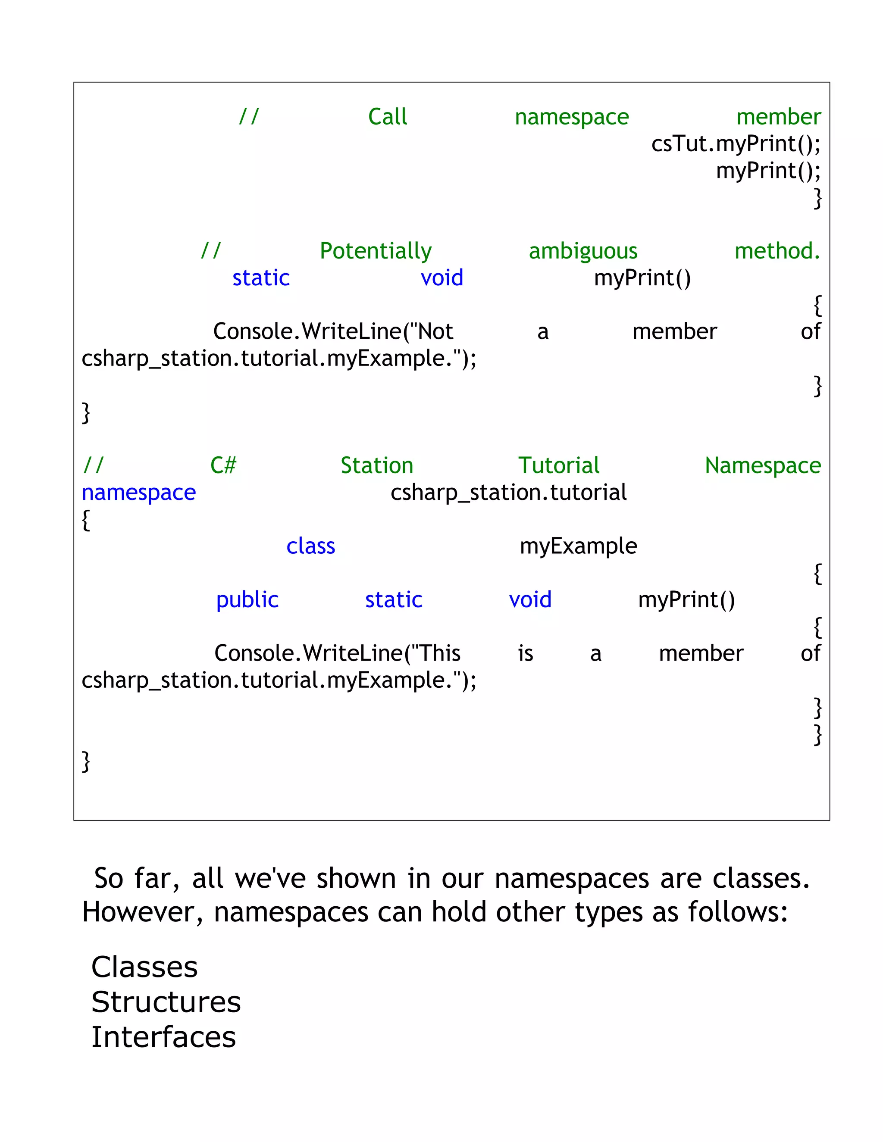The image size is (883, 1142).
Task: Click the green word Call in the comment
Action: (x=387, y=117)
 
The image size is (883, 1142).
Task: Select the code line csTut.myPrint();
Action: (x=736, y=144)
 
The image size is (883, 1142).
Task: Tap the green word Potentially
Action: (x=376, y=251)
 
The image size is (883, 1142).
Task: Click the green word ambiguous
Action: (x=583, y=251)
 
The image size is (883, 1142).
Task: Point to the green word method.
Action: (x=777, y=251)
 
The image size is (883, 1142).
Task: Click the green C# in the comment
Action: (x=223, y=465)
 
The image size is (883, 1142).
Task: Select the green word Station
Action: (x=377, y=465)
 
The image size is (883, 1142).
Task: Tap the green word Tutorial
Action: (x=559, y=465)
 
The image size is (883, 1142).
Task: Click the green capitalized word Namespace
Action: (x=763, y=465)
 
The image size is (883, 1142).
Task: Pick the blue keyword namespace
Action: (x=139, y=493)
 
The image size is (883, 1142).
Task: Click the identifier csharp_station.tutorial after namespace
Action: (x=508, y=493)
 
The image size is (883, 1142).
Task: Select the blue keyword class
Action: (x=311, y=546)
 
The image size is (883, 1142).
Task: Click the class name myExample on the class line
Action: (x=578, y=546)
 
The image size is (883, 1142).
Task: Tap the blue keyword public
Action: (x=247, y=600)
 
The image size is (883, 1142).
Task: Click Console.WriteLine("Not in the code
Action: (x=333, y=331)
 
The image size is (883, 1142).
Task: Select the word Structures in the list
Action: (x=166, y=1002)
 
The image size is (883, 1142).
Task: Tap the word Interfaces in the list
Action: (x=163, y=1037)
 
